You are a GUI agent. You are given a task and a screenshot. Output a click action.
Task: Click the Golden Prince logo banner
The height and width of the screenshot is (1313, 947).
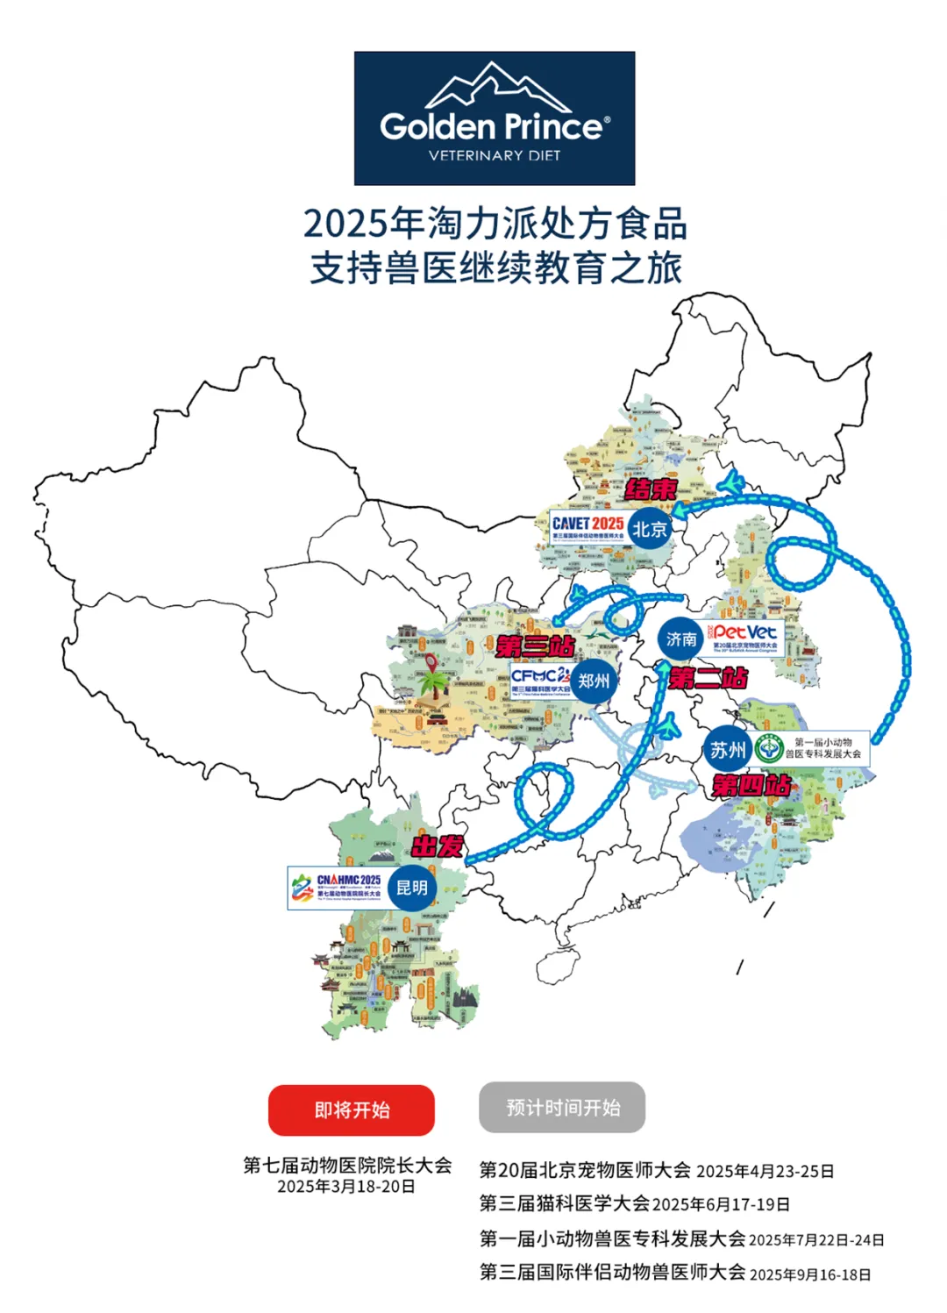494,118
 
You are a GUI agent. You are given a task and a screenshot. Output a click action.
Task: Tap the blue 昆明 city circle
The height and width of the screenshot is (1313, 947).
411,888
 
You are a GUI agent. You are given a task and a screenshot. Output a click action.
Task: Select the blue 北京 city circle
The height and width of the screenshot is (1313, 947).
650,529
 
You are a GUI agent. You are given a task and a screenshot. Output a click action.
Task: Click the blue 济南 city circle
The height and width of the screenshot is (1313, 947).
681,639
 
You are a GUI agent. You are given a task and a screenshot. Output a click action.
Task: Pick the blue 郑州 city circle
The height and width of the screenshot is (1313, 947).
594,681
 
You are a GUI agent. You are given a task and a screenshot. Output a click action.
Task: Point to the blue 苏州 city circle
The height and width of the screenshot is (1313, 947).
728,751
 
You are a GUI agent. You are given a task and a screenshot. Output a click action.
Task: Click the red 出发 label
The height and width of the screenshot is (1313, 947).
438,846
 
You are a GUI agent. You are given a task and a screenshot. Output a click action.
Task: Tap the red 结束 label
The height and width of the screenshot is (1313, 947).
651,489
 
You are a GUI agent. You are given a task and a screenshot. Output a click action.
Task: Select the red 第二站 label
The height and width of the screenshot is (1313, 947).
708,678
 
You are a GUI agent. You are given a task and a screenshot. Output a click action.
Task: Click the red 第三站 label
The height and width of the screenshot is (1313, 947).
535,647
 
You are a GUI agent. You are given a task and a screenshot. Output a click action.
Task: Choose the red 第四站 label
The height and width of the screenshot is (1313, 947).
751,785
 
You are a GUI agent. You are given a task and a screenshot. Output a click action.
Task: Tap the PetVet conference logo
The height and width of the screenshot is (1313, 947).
744,638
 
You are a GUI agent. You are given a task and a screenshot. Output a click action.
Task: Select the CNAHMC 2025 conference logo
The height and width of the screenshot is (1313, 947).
338,888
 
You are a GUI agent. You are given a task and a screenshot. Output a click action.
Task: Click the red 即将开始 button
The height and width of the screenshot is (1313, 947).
351,1110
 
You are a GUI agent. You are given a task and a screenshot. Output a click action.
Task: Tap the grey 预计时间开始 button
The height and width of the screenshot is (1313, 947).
562,1108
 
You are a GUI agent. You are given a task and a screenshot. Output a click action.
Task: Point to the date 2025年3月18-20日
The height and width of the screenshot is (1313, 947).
346,1187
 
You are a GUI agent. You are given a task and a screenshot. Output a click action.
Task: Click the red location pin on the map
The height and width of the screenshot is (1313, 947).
431,664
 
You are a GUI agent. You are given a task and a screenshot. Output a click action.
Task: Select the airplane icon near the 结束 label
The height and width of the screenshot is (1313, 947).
730,482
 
